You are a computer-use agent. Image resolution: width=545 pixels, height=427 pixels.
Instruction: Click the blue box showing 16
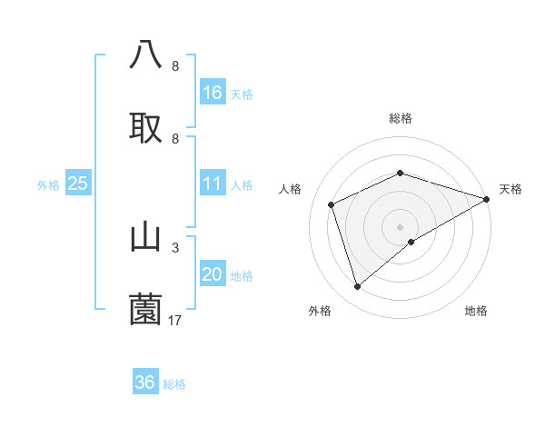pos(212,93)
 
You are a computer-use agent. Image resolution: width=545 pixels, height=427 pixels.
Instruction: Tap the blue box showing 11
pos(212,184)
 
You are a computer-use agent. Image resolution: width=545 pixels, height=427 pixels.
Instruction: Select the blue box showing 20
pos(212,274)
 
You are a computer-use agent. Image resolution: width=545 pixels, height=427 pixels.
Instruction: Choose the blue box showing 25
pos(77,184)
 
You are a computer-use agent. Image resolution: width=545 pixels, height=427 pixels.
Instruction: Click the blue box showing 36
pos(144,382)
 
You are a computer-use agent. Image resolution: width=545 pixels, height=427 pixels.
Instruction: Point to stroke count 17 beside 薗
pos(175,320)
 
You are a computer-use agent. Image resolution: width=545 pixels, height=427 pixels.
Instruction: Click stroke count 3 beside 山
pos(174,247)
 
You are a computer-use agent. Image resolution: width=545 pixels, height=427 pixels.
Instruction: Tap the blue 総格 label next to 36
pos(174,384)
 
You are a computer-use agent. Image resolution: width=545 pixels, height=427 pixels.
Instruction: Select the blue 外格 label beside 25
pos(48,185)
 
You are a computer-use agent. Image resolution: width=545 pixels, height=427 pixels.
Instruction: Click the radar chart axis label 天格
pos(510,189)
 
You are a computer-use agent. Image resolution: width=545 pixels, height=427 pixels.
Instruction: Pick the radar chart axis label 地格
pos(476,311)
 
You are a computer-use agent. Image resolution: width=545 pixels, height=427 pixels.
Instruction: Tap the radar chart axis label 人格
pos(291,189)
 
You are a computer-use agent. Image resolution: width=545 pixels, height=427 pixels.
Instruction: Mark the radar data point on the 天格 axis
pos(487,199)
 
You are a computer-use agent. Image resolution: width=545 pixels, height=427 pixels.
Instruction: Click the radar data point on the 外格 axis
pos(357,287)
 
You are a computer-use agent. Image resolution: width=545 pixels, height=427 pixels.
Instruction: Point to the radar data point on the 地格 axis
pos(411,242)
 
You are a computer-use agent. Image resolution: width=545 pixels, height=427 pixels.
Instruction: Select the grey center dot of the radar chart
pos(400,226)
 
